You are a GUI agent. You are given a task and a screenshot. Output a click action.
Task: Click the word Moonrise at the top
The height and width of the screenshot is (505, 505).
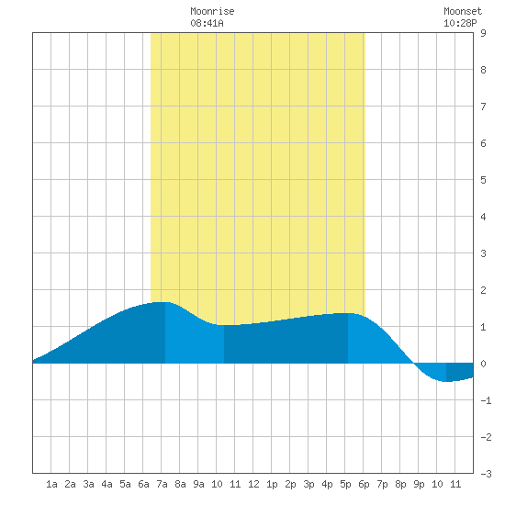point(212,12)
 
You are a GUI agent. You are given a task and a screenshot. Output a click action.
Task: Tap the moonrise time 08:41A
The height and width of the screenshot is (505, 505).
point(207,23)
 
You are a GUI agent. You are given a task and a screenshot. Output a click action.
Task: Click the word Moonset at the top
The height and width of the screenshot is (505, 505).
point(463,12)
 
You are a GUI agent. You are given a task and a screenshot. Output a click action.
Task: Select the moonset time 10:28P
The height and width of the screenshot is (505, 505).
point(460,23)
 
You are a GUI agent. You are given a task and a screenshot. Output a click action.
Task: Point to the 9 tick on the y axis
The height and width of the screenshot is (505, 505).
point(483,33)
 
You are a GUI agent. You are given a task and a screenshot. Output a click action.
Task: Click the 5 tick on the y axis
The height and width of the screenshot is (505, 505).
point(483,180)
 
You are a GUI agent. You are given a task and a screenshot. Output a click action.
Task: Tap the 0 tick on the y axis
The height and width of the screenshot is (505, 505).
point(483,364)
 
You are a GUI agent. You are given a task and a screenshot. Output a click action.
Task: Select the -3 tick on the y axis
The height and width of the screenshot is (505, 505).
point(486,474)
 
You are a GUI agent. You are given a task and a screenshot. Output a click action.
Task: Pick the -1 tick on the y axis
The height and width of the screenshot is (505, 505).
point(486,400)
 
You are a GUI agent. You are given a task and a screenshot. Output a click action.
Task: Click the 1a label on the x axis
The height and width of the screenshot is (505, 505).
point(51,484)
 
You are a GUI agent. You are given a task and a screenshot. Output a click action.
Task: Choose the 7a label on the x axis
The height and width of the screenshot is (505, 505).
point(162,484)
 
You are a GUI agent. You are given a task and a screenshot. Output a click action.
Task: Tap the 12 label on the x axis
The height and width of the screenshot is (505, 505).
point(253,484)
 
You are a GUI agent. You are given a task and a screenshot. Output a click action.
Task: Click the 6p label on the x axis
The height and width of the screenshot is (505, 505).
point(364,484)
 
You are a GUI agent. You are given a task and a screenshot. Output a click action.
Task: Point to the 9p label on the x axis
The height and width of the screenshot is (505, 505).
point(419,484)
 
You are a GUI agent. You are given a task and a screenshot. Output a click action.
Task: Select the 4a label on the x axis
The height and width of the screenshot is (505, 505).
point(107,484)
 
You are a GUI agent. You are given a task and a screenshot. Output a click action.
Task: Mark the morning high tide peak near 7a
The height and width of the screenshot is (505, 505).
point(161,302)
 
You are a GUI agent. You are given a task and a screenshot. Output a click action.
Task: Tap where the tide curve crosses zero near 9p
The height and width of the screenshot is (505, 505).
point(413,363)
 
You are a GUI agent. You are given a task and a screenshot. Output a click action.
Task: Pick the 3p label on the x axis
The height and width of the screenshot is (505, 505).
point(309,484)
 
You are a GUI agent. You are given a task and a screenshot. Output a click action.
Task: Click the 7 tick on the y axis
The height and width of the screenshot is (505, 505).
point(483,107)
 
